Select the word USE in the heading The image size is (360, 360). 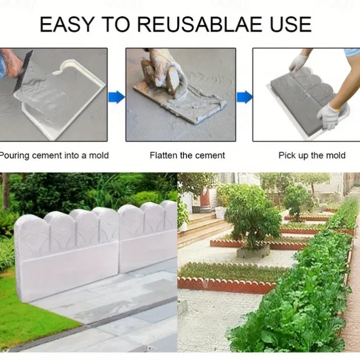290,24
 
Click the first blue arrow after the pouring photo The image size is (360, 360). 116,97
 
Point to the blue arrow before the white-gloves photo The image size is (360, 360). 245,97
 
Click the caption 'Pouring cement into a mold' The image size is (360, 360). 54,155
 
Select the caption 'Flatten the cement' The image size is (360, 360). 187,155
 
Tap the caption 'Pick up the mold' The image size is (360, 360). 312,155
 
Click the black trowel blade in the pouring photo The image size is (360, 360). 24,71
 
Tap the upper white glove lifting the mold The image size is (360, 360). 298,63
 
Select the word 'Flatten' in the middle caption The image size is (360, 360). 164,155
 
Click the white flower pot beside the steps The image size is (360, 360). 220,212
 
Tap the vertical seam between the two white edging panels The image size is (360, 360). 119,239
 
